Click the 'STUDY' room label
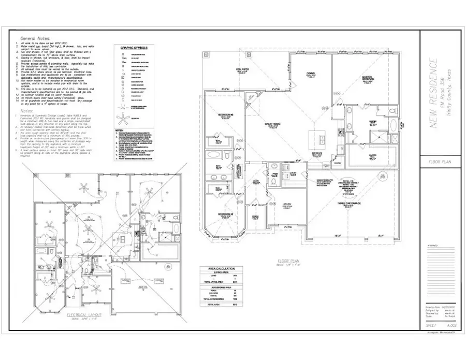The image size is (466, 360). click(x=288, y=205)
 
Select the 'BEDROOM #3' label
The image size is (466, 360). click(x=221, y=115)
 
